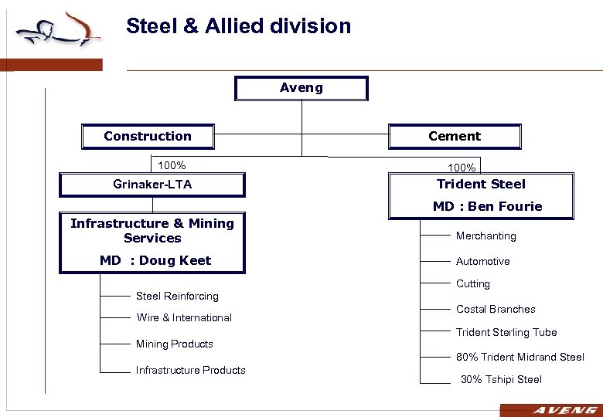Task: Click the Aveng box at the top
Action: (x=301, y=88)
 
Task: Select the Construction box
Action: (x=148, y=137)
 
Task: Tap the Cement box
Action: (x=455, y=137)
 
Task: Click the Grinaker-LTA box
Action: (x=152, y=185)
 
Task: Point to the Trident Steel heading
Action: (x=481, y=184)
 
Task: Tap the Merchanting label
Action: (x=485, y=236)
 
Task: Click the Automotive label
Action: (x=482, y=261)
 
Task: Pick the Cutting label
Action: (x=472, y=283)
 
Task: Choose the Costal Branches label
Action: (x=496, y=309)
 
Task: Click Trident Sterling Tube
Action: (x=506, y=332)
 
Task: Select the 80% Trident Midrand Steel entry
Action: (x=520, y=357)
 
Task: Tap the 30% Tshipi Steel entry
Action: (x=501, y=379)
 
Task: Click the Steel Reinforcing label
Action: (x=177, y=296)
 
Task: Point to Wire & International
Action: (x=184, y=317)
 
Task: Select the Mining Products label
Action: (x=174, y=344)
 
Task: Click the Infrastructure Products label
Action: (x=190, y=370)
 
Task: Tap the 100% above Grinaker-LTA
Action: (x=172, y=165)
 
